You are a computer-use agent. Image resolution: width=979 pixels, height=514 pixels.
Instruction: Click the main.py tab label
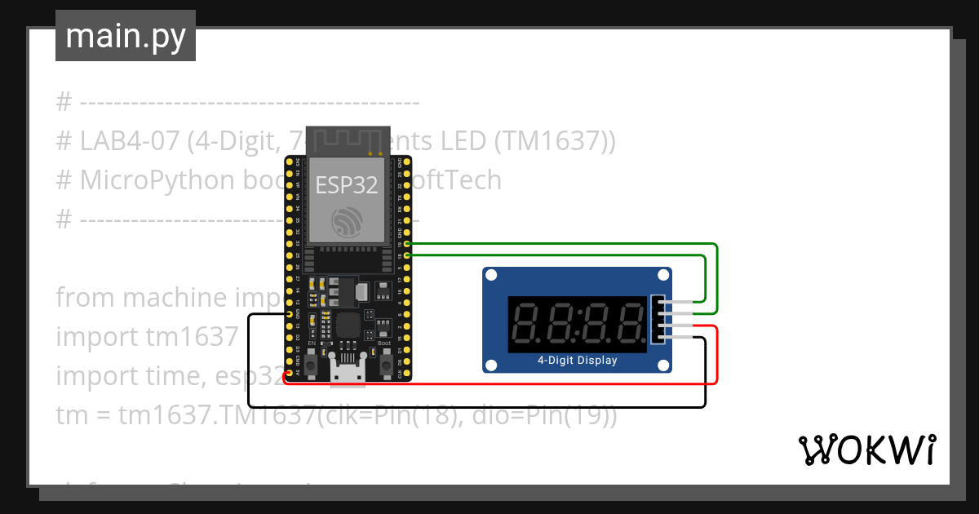[126, 36]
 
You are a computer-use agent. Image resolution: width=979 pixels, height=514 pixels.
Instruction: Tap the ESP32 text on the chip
[347, 185]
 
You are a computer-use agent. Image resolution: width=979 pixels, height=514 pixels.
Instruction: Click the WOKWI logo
[866, 450]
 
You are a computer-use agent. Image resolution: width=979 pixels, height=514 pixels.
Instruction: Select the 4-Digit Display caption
[577, 360]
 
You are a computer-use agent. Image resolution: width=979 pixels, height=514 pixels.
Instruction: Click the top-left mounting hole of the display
[491, 276]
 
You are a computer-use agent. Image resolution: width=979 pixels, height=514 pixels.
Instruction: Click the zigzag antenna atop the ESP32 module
[347, 139]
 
